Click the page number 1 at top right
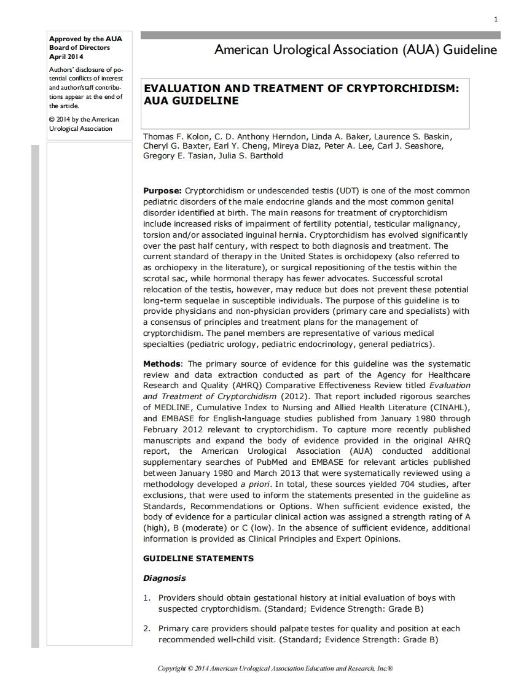tap(495, 20)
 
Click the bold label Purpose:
tap(162, 191)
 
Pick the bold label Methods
tap(162, 364)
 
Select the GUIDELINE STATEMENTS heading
tap(198, 559)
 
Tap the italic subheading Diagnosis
tap(164, 578)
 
